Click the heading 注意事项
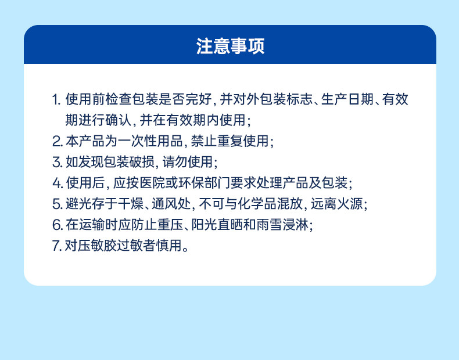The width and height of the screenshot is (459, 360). pyautogui.click(x=230, y=46)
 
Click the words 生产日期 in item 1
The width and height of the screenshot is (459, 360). pyautogui.click(x=347, y=99)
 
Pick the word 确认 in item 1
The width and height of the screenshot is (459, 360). pyautogui.click(x=119, y=120)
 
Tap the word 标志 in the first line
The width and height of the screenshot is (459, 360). pyautogui.click(x=299, y=99)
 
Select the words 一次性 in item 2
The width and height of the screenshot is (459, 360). pyautogui.click(x=137, y=141)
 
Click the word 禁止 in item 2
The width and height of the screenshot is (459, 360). pyautogui.click(x=204, y=141)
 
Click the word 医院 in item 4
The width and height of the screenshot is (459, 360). pyautogui.click(x=152, y=183)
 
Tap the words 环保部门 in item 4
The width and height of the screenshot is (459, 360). pyautogui.click(x=204, y=183)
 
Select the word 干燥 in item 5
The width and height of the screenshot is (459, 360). pyautogui.click(x=131, y=204)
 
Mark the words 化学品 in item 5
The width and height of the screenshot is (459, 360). pyautogui.click(x=257, y=204)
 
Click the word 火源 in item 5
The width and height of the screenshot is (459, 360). pyautogui.click(x=350, y=204)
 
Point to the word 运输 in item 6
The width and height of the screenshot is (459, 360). pyautogui.click(x=92, y=225)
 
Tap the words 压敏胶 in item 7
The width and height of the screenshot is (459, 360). pyautogui.click(x=98, y=246)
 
